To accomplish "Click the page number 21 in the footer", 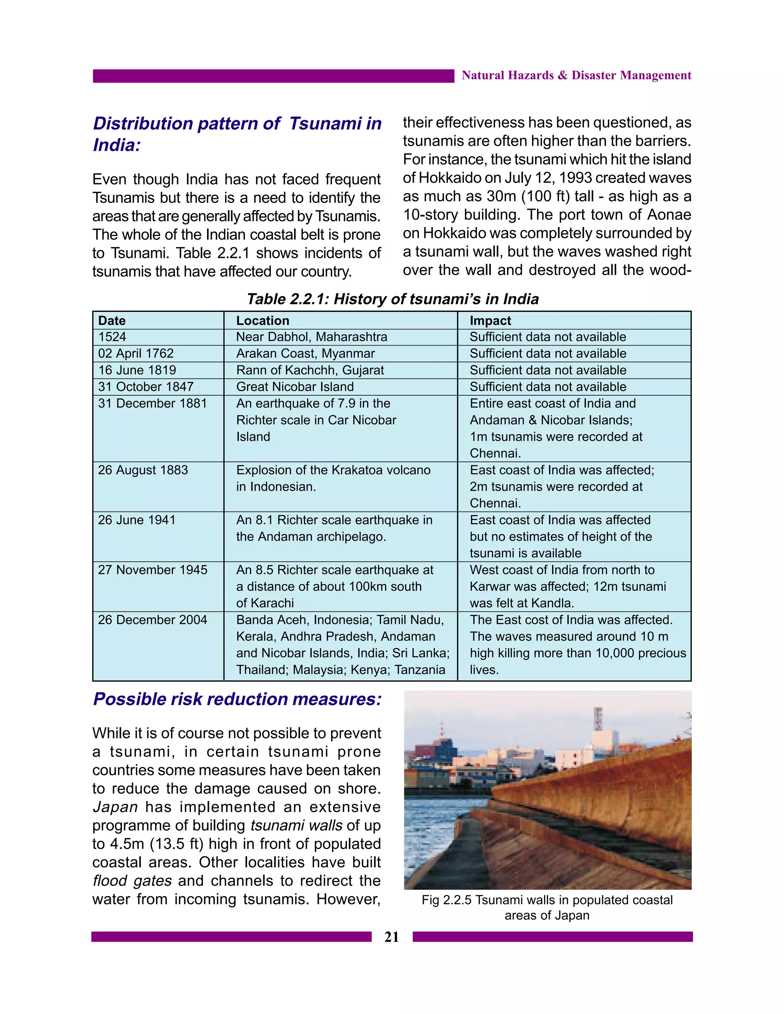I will click(392, 937).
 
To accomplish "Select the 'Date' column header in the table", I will click(112, 320).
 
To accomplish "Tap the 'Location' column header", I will click(262, 320).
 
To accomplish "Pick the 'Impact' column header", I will click(490, 320).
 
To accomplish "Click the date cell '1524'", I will click(112, 337).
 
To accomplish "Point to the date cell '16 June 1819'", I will click(137, 370).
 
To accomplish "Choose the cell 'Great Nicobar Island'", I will click(295, 387).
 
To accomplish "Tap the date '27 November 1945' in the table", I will click(152, 570).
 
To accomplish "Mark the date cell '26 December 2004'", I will click(152, 620).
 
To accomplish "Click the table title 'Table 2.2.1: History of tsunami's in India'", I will click(392, 299).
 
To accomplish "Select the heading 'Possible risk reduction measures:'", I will click(237, 699).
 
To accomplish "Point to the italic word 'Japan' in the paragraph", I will click(115, 807).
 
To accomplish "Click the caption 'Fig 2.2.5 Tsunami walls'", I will click(547, 900).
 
